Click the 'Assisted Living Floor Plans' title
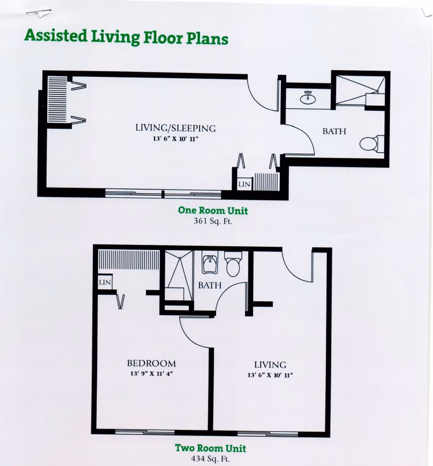pyautogui.click(x=126, y=37)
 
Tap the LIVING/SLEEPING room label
pyautogui.click(x=175, y=128)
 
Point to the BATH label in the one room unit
pyautogui.click(x=334, y=131)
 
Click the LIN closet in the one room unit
pyautogui.click(x=244, y=184)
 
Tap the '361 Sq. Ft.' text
pyautogui.click(x=213, y=221)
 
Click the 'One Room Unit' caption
pyautogui.click(x=213, y=211)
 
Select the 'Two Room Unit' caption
pyautogui.click(x=210, y=448)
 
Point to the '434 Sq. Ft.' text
pyautogui.click(x=210, y=459)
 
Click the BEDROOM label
pyautogui.click(x=151, y=363)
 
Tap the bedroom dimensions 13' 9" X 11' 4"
pyautogui.click(x=152, y=374)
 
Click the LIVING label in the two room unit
pyautogui.click(x=270, y=365)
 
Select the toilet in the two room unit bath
pyautogui.click(x=233, y=265)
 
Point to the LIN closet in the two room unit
pyautogui.click(x=105, y=282)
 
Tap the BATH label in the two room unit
pyautogui.click(x=210, y=285)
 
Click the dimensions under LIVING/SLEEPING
pyautogui.click(x=176, y=139)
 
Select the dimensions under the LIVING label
pyautogui.click(x=270, y=375)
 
